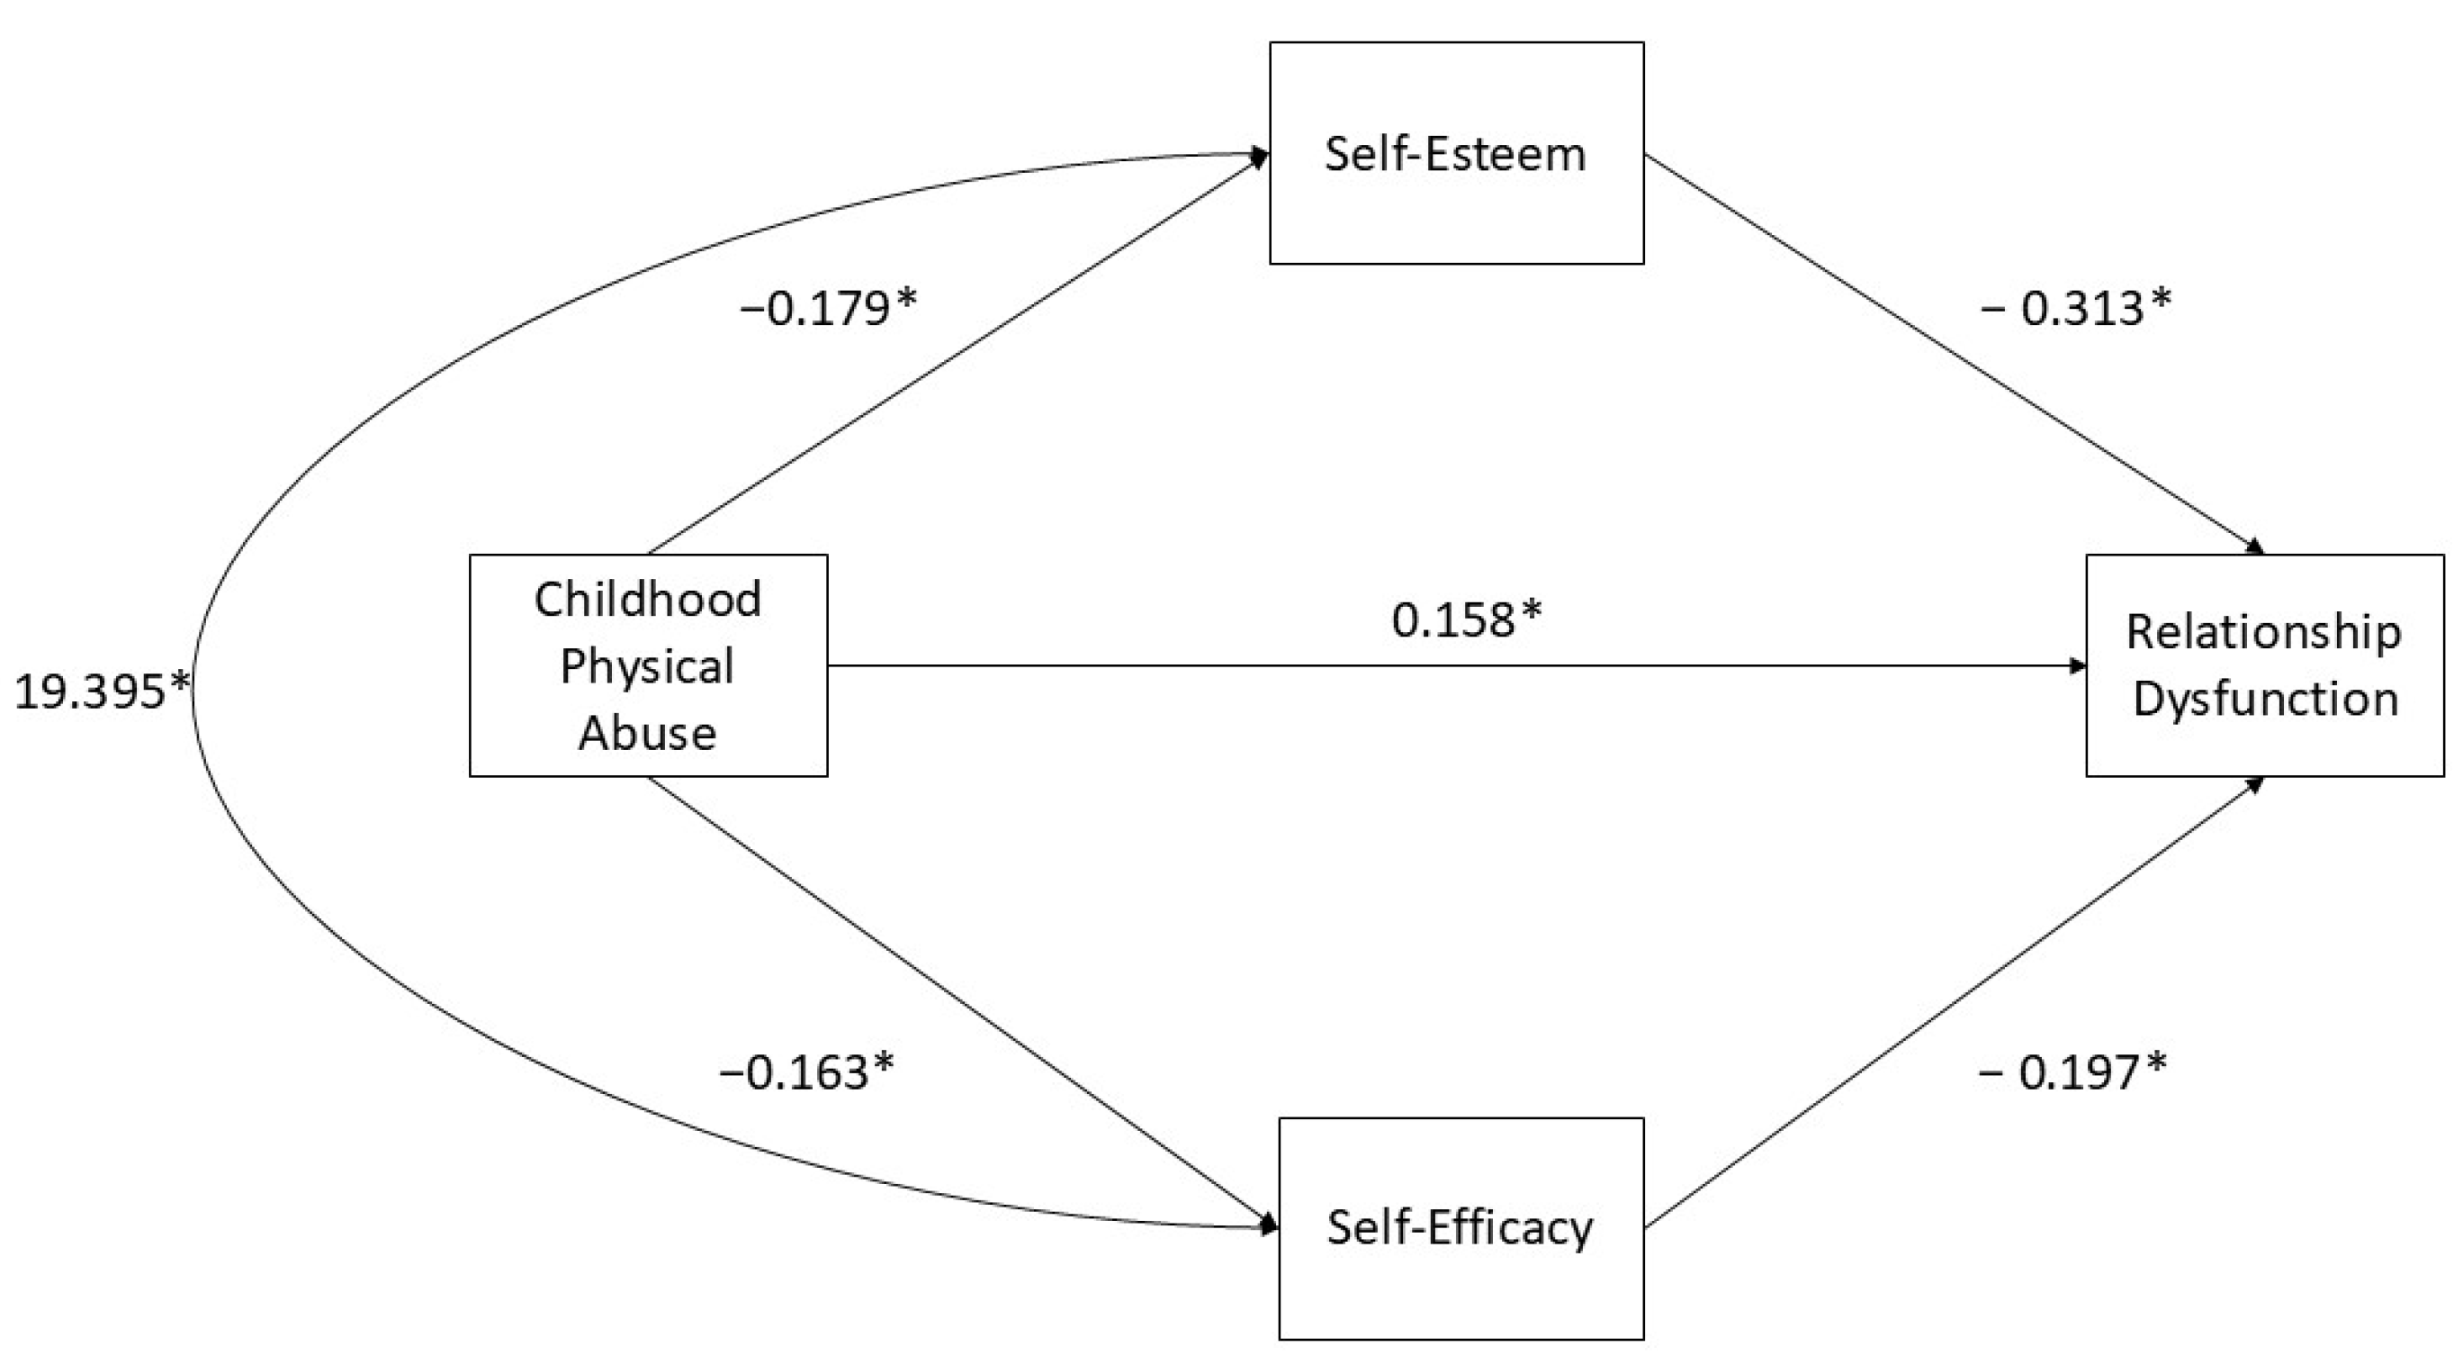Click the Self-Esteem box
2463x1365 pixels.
[x=1455, y=153]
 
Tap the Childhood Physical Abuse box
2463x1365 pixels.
[x=647, y=664]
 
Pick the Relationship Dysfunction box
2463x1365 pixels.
[x=2263, y=664]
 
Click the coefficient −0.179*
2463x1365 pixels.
[x=828, y=309]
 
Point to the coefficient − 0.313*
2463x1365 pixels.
[x=2075, y=309]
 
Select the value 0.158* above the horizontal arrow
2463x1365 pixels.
[x=1466, y=619]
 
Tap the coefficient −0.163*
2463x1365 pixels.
[x=806, y=1071]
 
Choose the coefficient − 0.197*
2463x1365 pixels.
[x=2071, y=1071]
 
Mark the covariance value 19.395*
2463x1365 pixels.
[x=103, y=692]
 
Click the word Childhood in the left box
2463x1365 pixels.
[x=647, y=600]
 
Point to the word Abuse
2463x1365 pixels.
[x=647, y=734]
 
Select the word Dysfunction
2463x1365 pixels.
[x=2265, y=700]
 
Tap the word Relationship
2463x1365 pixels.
[x=2263, y=632]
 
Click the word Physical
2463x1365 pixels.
[x=647, y=666]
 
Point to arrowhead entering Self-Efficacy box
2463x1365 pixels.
[x=1271, y=1225]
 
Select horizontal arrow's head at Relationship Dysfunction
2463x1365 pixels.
[x=2079, y=664]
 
